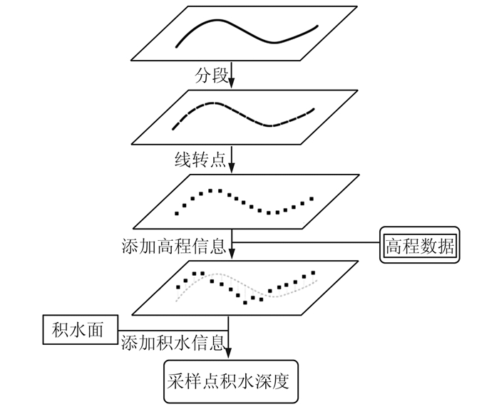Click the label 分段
(x=212, y=74)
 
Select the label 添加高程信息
(x=173, y=247)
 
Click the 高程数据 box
(x=420, y=247)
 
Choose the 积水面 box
(x=78, y=329)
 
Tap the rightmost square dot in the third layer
(x=311, y=198)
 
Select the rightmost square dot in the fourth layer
(x=314, y=271)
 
